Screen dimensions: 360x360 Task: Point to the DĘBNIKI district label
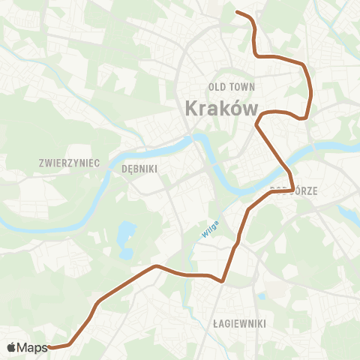[x=139, y=169]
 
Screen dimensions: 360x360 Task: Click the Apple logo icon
[x=11, y=347]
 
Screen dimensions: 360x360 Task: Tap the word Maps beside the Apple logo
[x=32, y=347]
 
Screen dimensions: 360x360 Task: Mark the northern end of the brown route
[x=237, y=12]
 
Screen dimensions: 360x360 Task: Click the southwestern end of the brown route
[x=49, y=348]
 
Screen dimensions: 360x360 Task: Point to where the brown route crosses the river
[x=286, y=166]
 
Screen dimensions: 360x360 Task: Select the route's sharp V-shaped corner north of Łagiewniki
[x=223, y=282]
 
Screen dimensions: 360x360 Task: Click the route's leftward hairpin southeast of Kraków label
[x=256, y=122]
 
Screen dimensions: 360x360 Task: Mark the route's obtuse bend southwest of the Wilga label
[x=155, y=265]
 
